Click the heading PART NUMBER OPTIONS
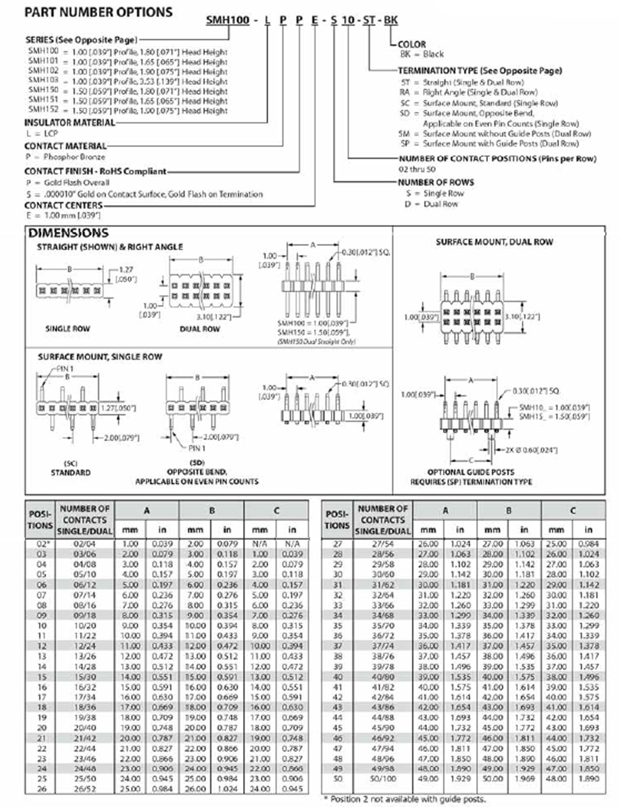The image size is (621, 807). tap(98, 12)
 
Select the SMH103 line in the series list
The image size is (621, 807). tap(127, 81)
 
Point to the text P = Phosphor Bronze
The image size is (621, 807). tap(65, 157)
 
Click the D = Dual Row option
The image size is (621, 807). tap(431, 204)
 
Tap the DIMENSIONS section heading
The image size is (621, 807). tap(68, 233)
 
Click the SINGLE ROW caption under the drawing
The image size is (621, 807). tap(67, 328)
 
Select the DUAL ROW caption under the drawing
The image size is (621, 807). tap(200, 329)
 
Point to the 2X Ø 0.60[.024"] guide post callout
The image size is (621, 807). tap(531, 450)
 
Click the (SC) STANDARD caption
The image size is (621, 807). tap(71, 468)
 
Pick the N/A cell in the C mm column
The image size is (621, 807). tap(260, 544)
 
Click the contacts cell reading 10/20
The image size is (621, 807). tap(85, 625)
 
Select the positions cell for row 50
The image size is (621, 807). tap(337, 779)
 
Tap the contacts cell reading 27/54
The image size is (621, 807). tap(383, 544)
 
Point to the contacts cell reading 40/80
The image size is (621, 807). tap(383, 677)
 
